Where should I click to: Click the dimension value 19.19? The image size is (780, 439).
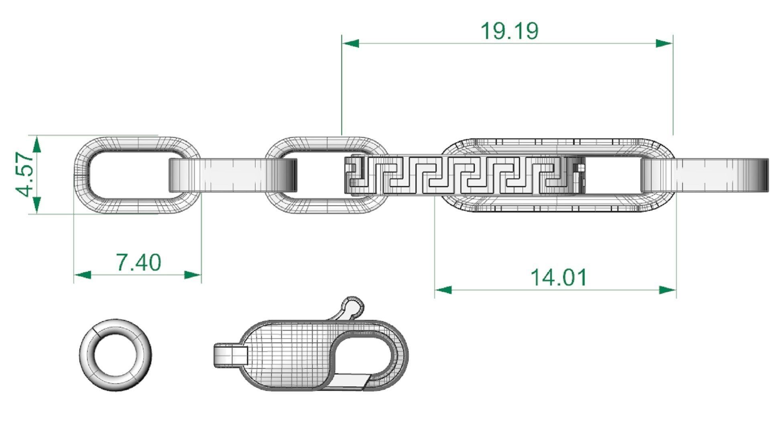pos(509,31)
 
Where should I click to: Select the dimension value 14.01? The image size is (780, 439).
pos(558,277)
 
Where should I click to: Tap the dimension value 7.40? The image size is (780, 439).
pos(138,262)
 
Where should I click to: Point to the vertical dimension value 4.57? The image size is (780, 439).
pos(25,175)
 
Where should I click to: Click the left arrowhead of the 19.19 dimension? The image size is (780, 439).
pos(350,43)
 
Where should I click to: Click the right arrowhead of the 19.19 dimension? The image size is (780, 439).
pos(664,43)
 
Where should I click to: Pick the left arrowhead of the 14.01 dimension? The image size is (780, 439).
pos(443,290)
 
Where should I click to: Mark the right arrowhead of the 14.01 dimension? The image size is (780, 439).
pos(668,290)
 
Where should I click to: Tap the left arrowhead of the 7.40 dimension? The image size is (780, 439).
pos(83,275)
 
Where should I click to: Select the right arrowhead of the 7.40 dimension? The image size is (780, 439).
pos(192,275)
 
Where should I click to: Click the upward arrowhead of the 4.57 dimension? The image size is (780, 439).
pos(36,144)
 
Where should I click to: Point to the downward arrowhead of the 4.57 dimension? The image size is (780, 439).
pos(36,204)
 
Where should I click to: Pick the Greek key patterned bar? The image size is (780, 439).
pos(457,176)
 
